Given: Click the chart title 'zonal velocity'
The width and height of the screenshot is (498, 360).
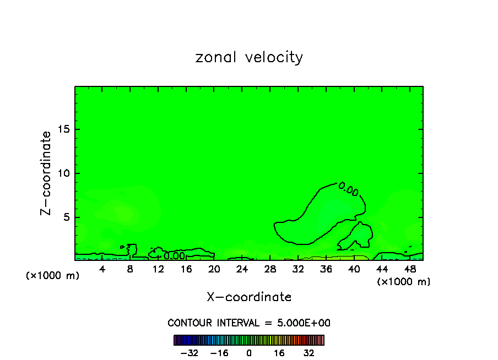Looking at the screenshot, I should (249, 57).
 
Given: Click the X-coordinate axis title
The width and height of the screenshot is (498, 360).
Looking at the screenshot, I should (249, 297).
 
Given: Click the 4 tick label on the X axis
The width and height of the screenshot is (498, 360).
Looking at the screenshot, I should (102, 269).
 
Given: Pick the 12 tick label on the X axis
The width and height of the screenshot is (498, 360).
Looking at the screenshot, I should (158, 269).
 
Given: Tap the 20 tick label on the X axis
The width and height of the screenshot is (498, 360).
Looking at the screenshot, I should (214, 269).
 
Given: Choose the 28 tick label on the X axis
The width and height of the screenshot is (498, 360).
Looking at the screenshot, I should (270, 269).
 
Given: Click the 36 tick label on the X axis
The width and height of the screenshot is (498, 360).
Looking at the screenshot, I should (326, 269).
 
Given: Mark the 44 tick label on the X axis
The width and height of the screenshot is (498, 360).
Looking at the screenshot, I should (382, 269).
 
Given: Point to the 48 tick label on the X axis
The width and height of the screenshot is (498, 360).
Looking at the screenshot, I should (410, 269).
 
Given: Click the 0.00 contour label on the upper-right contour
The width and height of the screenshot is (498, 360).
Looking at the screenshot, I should (348, 190).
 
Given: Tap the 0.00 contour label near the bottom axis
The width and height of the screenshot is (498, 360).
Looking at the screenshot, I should (174, 256).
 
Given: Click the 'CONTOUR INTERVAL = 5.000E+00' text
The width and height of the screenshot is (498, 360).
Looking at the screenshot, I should (249, 323).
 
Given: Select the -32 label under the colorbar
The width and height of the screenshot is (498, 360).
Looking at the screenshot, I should (190, 353).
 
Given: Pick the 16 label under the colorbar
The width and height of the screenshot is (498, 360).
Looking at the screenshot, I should (279, 353).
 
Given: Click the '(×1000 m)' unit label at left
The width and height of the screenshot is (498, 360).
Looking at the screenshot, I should (53, 276).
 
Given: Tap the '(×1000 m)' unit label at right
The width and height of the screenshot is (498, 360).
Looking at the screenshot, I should (404, 282).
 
